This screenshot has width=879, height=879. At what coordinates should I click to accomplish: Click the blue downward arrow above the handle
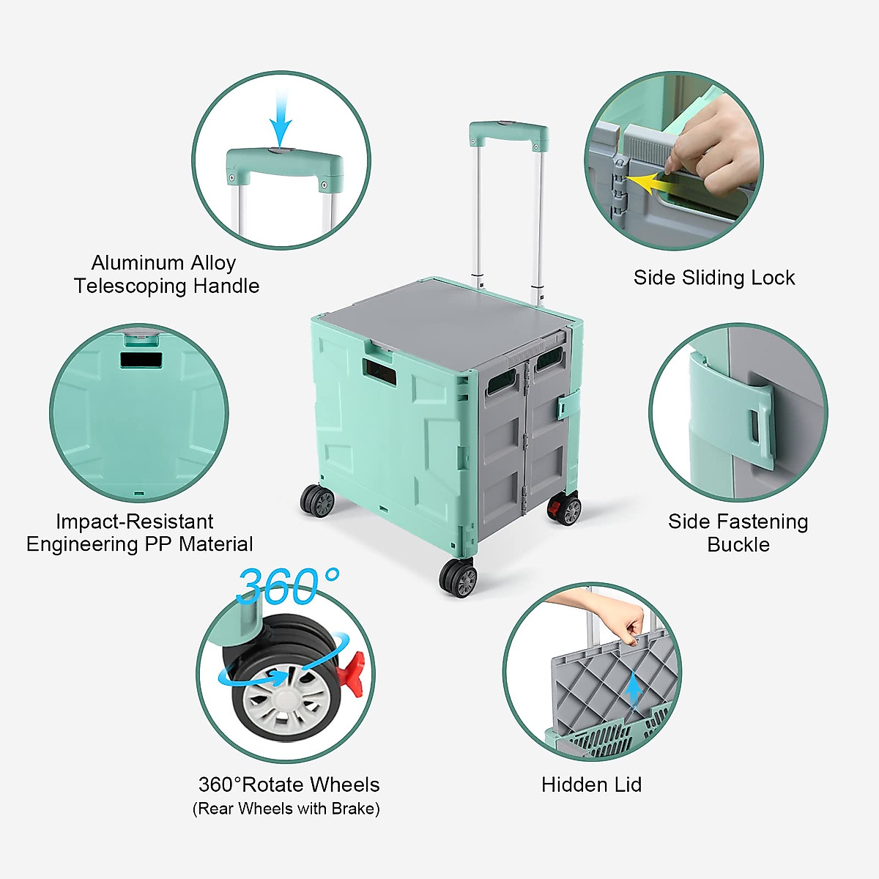click(280, 122)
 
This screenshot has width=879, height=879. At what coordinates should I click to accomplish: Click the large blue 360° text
click(288, 586)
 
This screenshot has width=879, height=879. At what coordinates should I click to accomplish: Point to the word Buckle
click(738, 545)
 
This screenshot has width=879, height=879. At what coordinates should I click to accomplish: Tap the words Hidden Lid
click(591, 785)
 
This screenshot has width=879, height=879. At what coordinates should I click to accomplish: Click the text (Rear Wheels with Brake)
click(286, 809)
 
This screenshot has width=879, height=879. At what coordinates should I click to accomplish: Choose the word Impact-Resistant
click(135, 522)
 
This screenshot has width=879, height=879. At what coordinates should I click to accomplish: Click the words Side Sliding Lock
click(714, 278)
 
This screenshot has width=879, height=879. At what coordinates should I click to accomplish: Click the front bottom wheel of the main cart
click(459, 578)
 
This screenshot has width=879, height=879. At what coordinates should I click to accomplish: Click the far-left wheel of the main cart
click(317, 501)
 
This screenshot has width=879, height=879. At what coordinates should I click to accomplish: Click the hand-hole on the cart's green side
click(379, 371)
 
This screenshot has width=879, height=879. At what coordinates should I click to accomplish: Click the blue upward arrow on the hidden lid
click(634, 689)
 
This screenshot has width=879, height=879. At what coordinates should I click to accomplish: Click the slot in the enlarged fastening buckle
click(754, 424)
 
